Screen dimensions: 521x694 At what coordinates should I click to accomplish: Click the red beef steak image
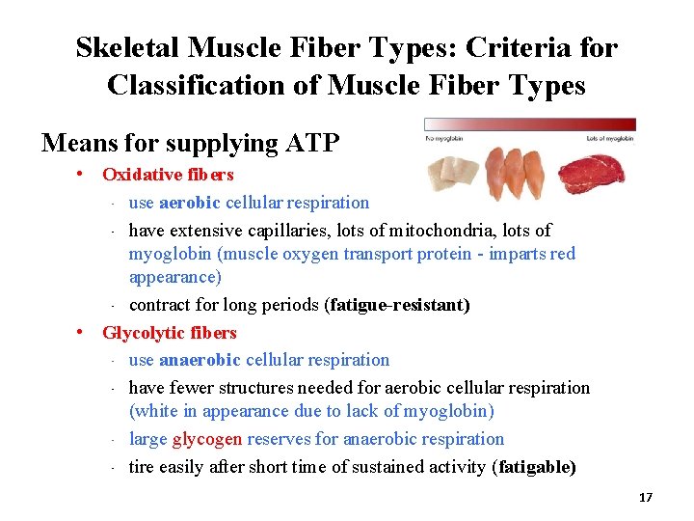602,171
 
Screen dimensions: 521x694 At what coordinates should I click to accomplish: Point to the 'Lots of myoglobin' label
610,138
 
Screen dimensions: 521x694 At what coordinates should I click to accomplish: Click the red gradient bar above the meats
530,124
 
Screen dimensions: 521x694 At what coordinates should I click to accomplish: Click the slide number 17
645,497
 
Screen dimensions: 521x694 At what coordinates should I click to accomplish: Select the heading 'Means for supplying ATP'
190,143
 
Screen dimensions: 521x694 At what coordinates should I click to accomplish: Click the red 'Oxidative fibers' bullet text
168,175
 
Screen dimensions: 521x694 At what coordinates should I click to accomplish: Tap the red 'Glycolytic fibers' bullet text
169,333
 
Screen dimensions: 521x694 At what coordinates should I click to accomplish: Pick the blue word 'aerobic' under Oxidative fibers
190,203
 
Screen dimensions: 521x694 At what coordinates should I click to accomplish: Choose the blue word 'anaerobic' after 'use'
200,360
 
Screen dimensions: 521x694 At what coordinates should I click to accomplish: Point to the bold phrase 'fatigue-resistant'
399,305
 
